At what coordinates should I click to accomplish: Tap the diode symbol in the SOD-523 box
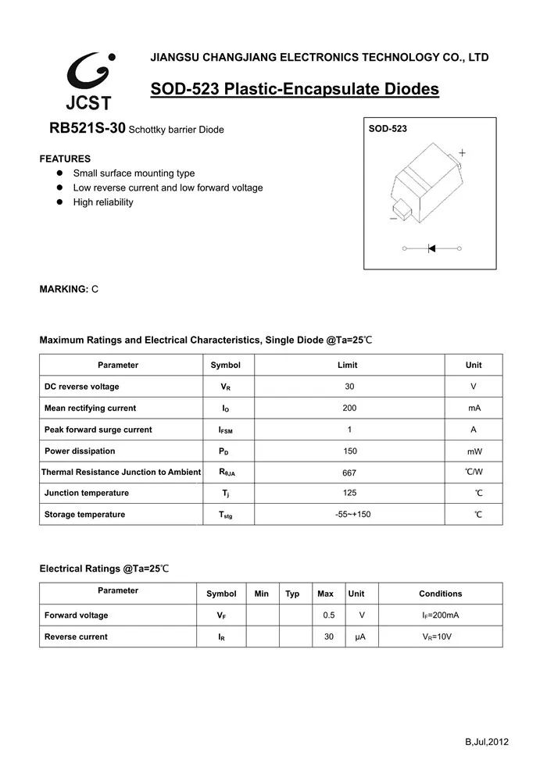431,248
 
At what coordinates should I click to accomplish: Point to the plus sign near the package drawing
462,153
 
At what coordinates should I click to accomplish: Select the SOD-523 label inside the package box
388,129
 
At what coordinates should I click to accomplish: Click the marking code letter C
95,290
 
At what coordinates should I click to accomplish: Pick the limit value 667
349,473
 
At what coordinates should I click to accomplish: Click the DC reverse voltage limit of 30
349,387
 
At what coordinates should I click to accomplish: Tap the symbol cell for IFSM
226,430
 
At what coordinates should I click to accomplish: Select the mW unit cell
474,451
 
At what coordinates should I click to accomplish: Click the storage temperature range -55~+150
349,515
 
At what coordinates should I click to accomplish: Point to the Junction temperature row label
87,493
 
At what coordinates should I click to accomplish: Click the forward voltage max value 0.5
329,615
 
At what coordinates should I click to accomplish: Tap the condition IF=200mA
440,615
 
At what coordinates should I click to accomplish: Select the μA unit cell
360,637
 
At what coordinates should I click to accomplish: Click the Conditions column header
440,594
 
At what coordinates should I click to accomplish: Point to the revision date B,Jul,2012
487,742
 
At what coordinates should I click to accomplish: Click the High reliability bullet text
103,202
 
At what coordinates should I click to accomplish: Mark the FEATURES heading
65,159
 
